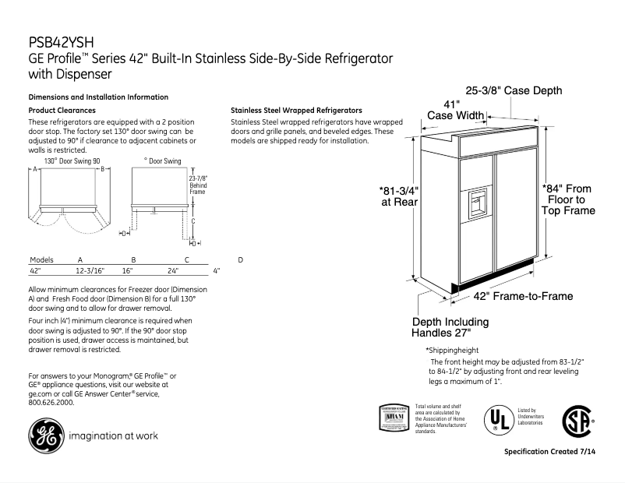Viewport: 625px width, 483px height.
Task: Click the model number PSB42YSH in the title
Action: [x=62, y=43]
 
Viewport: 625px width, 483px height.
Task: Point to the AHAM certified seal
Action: [x=394, y=419]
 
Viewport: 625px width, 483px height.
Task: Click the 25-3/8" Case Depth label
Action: [x=513, y=91]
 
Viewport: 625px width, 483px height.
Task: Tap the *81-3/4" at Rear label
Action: [x=399, y=196]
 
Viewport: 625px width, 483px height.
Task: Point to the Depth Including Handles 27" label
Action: [x=450, y=328]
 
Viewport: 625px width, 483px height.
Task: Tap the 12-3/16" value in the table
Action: [x=90, y=270]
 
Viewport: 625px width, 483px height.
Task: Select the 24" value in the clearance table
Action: [x=173, y=270]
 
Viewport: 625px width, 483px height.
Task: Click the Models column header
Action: [x=41, y=259]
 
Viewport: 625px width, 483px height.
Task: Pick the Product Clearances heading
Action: [x=62, y=111]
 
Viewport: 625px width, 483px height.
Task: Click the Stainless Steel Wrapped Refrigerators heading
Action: [x=296, y=111]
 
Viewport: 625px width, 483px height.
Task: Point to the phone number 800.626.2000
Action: [x=51, y=403]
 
